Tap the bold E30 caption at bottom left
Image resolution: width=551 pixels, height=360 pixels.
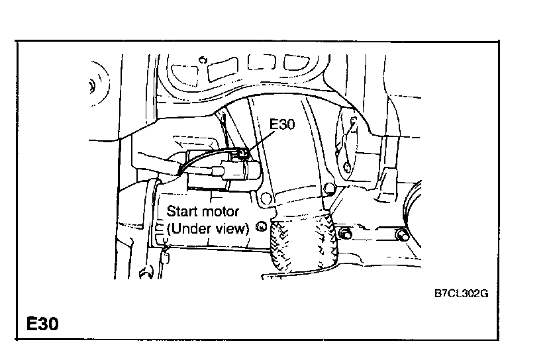click(x=43, y=324)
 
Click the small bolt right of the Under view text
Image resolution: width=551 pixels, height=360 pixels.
click(x=262, y=227)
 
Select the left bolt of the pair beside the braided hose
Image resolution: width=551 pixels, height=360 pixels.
click(x=346, y=233)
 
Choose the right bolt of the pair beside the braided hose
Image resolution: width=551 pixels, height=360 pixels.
click(x=401, y=234)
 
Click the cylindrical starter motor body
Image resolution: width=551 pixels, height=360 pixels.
click(x=235, y=171)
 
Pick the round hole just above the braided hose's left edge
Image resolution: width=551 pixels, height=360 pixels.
click(x=266, y=197)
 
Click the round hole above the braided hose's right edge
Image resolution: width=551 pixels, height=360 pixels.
click(x=326, y=192)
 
